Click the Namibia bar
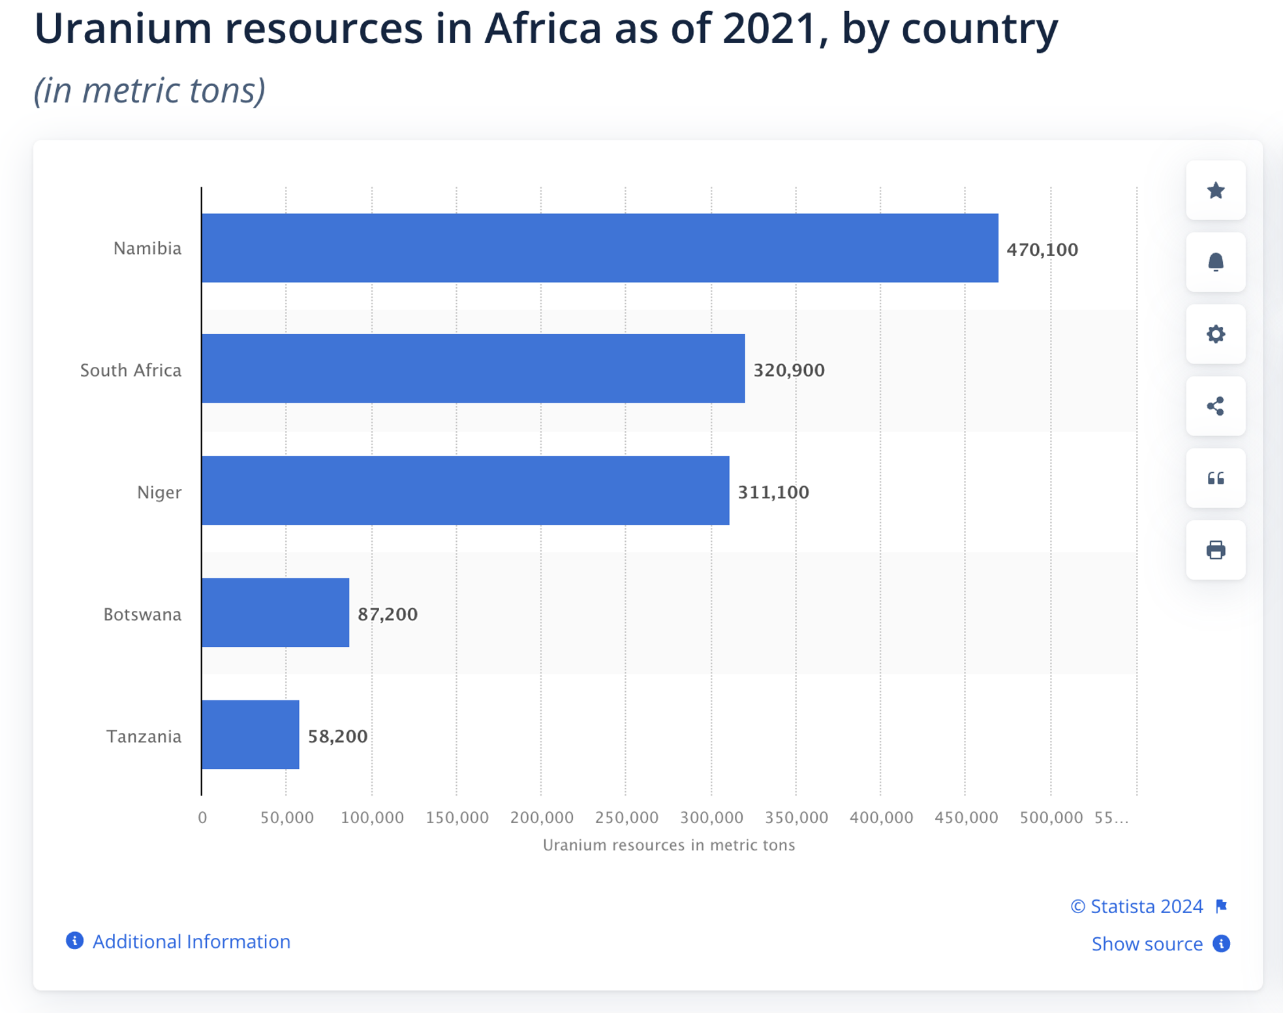point(600,248)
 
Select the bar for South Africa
point(473,369)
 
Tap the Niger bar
point(465,491)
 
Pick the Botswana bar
point(275,613)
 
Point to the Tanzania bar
point(251,735)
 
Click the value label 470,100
point(1042,249)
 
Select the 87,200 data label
point(388,614)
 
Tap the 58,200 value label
point(337,736)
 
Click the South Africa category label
point(131,370)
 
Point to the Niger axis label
point(159,492)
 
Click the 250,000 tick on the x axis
point(626,817)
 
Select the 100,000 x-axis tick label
point(372,817)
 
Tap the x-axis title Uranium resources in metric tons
point(669,845)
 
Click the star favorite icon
point(1215,191)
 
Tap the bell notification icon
point(1215,262)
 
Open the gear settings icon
point(1215,334)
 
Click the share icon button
point(1215,406)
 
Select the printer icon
point(1215,550)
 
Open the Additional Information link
point(191,941)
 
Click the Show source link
point(1147,944)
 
